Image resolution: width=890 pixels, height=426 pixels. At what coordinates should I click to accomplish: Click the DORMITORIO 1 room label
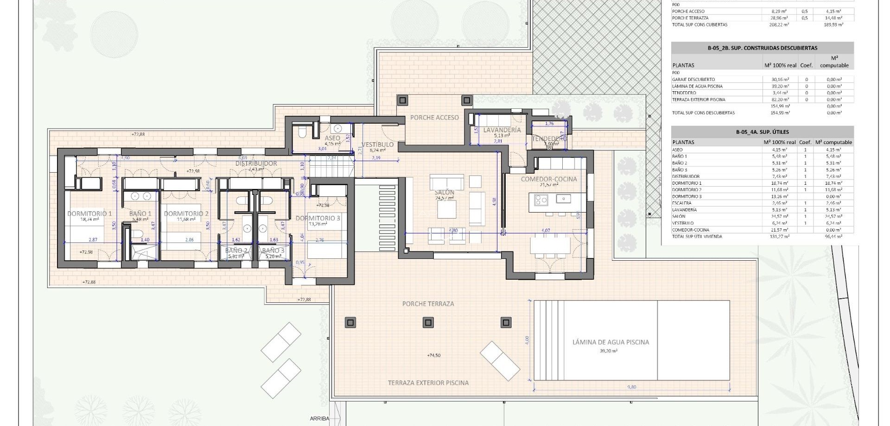(89, 213)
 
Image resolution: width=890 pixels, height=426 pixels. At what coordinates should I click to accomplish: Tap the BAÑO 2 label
(236, 251)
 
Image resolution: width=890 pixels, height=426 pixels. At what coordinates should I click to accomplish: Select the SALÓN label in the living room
(444, 192)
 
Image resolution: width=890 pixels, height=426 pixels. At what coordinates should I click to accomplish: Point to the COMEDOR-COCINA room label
(549, 179)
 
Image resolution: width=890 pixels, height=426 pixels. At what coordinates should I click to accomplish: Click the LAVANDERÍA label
(502, 130)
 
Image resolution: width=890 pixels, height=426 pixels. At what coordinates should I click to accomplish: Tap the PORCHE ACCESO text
(434, 118)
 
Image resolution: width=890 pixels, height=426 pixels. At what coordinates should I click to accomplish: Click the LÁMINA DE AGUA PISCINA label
(610, 342)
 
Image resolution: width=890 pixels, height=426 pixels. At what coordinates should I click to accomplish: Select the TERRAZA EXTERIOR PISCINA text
(428, 383)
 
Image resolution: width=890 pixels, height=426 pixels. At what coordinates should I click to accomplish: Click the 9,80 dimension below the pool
(632, 387)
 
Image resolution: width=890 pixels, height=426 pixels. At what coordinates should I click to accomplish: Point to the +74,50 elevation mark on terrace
(433, 356)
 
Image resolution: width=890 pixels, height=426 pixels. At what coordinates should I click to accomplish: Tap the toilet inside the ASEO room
(302, 132)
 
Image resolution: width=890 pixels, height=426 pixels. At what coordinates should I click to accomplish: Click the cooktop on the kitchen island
(541, 200)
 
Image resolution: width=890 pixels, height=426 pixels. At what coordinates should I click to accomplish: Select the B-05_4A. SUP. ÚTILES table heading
(762, 132)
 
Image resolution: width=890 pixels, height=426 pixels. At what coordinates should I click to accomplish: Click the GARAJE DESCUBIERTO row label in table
(693, 80)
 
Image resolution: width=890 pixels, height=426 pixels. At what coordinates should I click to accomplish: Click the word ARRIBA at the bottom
(319, 419)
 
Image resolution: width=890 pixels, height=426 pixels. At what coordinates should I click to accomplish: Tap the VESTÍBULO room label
(377, 144)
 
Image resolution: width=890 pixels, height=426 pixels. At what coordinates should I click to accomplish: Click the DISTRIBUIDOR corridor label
(256, 163)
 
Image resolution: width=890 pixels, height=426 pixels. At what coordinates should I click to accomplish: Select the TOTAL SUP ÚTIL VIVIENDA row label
(697, 237)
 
